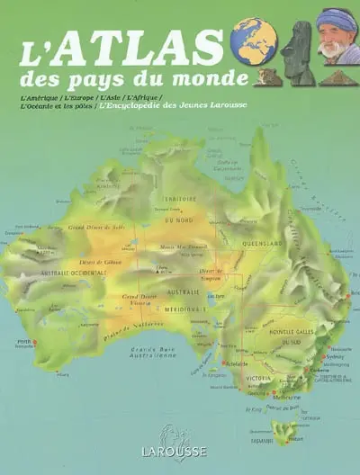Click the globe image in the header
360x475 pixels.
[253, 40]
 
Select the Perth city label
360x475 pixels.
[23, 344]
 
